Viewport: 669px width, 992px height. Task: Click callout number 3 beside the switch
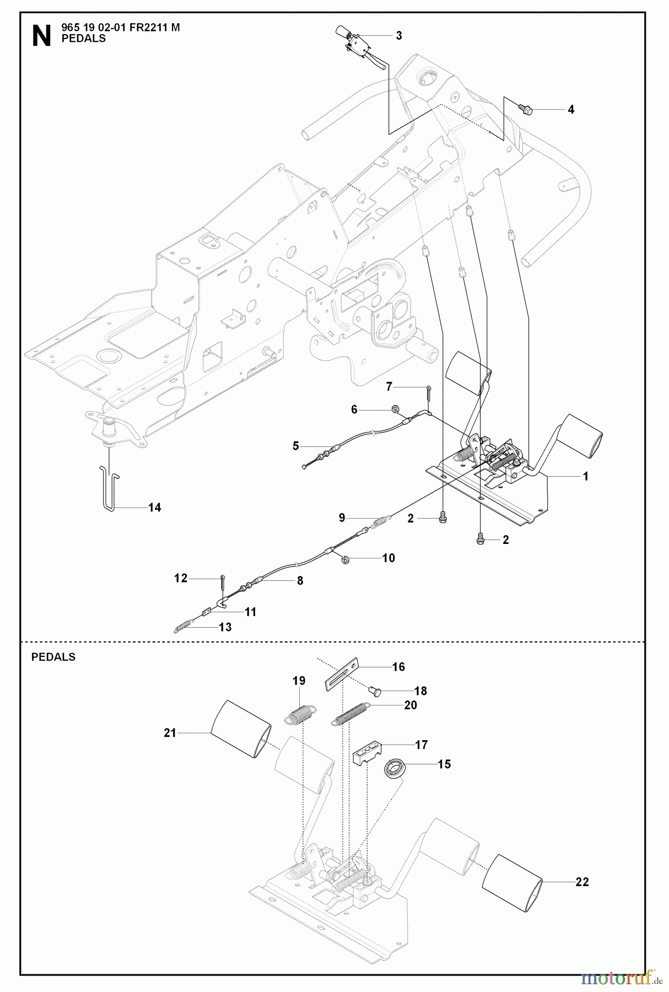point(399,36)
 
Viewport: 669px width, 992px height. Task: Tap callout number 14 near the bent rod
point(155,508)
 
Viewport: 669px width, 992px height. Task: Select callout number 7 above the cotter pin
point(389,386)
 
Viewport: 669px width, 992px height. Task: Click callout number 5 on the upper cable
point(296,446)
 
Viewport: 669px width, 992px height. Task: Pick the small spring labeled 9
point(382,520)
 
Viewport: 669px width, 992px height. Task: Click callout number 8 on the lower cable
point(300,580)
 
